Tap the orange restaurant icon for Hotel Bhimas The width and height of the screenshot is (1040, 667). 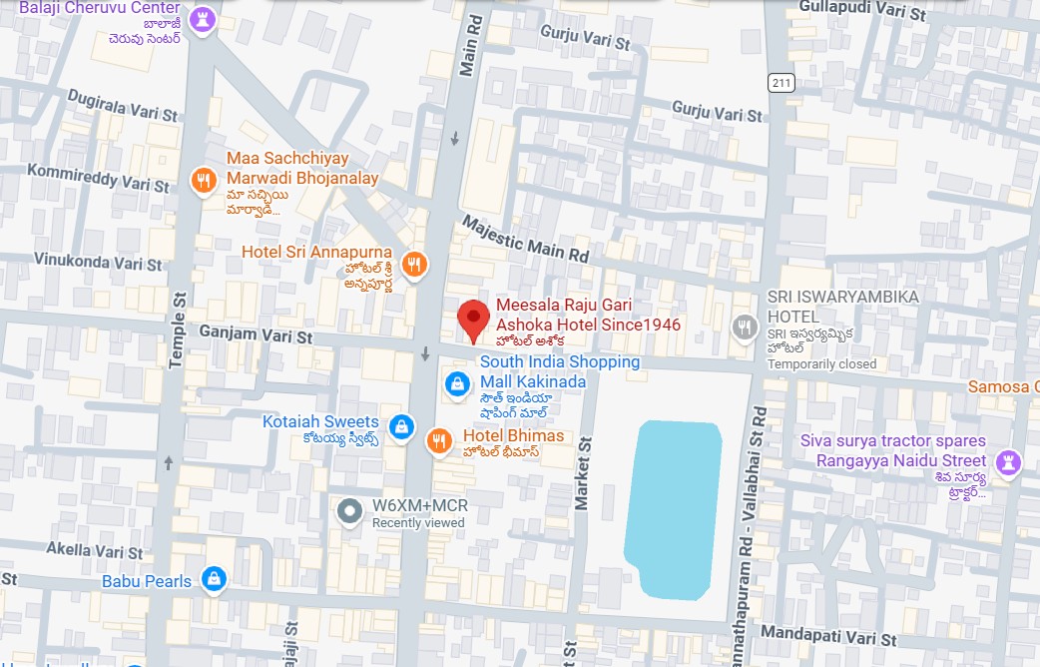coord(438,441)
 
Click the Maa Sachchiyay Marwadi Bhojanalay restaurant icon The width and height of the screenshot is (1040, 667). coord(204,180)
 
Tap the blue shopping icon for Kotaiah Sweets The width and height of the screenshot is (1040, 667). coord(400,426)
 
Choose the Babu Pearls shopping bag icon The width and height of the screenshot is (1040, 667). coord(213,578)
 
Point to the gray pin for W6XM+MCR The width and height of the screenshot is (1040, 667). coord(349,512)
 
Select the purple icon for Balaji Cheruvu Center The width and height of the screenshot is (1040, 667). coord(204,19)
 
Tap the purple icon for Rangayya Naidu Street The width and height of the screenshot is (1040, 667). coord(1005,461)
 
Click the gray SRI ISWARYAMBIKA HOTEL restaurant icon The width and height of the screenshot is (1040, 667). coord(744,327)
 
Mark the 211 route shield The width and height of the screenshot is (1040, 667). coord(780,82)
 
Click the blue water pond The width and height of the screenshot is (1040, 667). coord(672,504)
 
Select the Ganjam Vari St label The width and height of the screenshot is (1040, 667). coord(256,333)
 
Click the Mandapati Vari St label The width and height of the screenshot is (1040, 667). coord(827,635)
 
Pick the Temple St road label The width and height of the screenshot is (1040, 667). coord(178,331)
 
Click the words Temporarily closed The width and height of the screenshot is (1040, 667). coord(821,364)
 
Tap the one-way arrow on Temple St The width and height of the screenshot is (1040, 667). coord(169,462)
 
